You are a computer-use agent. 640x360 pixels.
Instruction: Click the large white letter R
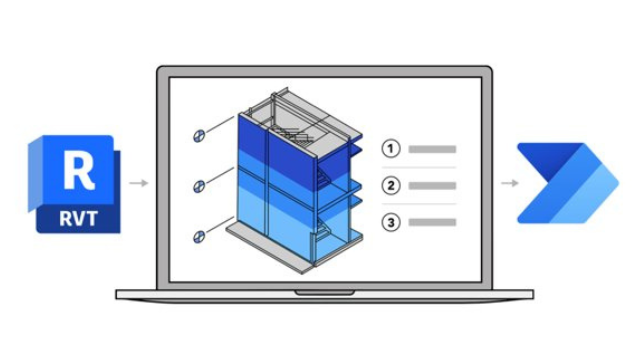(79, 170)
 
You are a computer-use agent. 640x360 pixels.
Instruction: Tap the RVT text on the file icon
(78, 219)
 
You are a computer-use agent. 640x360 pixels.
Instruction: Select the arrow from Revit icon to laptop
(139, 183)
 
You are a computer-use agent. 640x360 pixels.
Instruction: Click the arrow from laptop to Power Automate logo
(510, 183)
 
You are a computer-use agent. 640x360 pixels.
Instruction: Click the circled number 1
(391, 148)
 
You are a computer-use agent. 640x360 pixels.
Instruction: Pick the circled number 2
(391, 185)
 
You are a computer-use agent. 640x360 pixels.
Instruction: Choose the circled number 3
(391, 222)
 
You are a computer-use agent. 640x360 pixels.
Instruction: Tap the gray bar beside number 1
(432, 149)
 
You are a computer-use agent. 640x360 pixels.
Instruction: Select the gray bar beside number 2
(432, 186)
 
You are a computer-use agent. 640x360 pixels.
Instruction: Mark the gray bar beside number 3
(432, 222)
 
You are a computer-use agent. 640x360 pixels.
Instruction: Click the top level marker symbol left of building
(199, 136)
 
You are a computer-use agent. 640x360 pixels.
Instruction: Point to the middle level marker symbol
(199, 186)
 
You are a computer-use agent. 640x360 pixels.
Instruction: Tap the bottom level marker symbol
(199, 237)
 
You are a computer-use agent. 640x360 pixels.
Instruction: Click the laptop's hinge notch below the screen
(324, 293)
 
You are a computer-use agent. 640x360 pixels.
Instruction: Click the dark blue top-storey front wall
(277, 147)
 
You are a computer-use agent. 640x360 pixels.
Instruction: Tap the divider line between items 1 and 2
(419, 167)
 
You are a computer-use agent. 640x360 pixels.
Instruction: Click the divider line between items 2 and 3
(419, 204)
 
